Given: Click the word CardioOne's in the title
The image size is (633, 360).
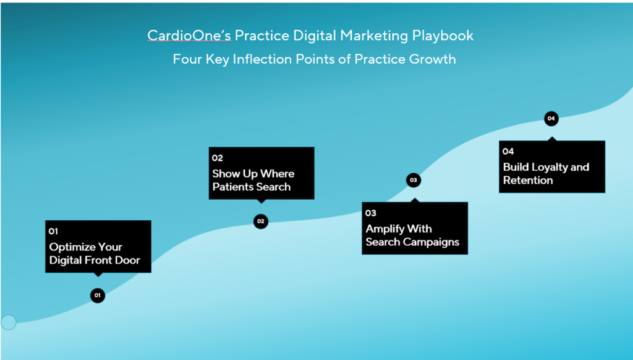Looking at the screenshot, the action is (x=189, y=35).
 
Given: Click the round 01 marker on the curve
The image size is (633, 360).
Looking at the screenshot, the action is (x=98, y=295).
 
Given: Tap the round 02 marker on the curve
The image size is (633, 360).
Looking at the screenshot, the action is (x=261, y=221).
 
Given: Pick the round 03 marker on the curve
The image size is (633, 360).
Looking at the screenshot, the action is (x=414, y=180).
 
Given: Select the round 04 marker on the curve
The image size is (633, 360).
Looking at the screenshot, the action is (x=551, y=118).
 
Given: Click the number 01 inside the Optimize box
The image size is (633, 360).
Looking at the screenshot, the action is (x=53, y=231).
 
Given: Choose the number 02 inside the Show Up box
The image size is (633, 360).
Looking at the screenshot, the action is (x=217, y=158).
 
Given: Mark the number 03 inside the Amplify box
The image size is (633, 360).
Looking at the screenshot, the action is (x=371, y=213).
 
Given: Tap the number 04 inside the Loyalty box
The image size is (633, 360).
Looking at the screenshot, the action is (x=508, y=152).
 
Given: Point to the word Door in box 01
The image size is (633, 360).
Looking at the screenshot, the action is (x=127, y=260).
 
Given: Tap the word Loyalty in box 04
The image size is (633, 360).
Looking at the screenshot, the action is (x=549, y=168).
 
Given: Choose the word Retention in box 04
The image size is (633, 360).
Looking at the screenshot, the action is (x=528, y=180).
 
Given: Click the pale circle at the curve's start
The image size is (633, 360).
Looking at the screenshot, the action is (x=9, y=322).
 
